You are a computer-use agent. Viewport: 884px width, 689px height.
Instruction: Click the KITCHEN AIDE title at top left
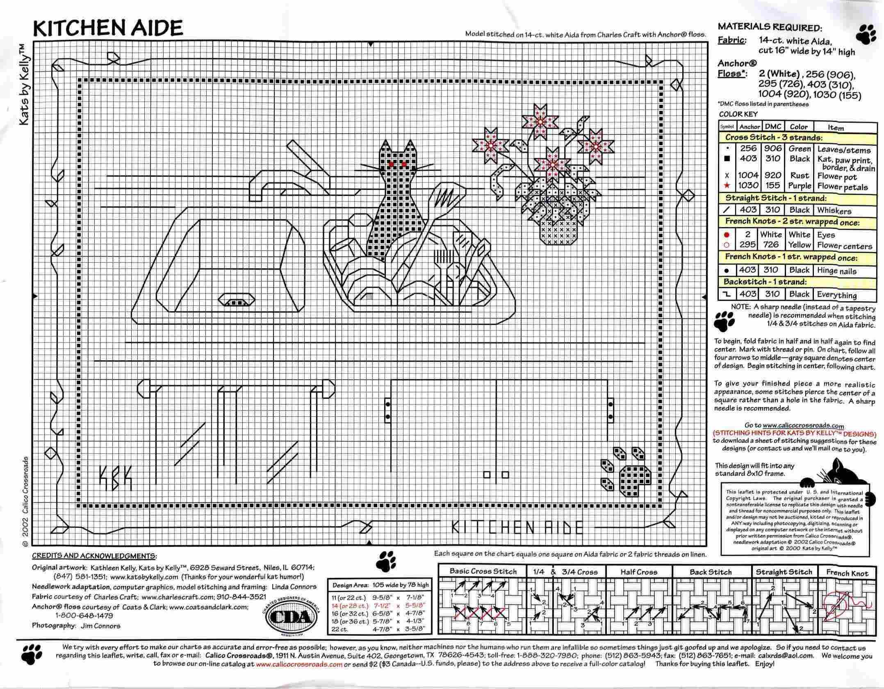point(108,28)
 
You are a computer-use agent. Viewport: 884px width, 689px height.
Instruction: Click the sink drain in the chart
point(235,301)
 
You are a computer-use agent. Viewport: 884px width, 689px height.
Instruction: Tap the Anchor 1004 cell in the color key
point(748,175)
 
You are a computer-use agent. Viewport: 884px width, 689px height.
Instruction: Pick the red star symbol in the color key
point(727,186)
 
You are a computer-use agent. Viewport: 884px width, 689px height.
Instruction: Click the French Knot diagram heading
point(847,573)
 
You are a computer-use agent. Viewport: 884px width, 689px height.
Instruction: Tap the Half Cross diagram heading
point(639,572)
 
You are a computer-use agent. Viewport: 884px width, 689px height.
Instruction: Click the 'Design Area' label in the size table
point(349,585)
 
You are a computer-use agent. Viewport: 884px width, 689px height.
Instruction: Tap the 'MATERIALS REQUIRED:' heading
point(770,28)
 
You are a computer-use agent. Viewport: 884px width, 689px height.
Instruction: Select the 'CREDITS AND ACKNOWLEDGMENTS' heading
point(94,556)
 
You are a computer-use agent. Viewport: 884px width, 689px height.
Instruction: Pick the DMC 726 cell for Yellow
point(771,245)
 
